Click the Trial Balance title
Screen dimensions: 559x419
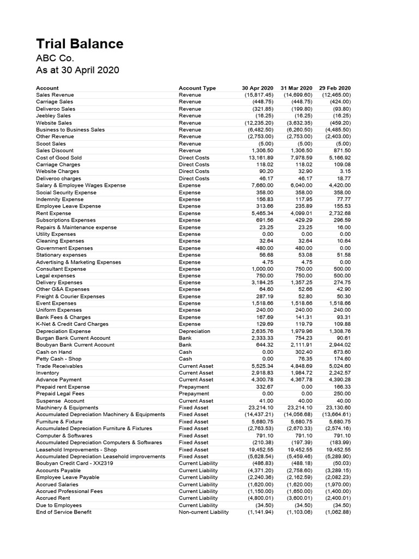point(80,44)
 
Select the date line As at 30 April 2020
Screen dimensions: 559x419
point(77,70)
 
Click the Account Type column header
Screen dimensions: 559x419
point(197,88)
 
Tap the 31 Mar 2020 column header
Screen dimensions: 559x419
point(296,88)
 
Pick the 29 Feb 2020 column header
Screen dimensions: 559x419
point(335,88)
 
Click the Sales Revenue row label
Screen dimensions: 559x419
point(55,95)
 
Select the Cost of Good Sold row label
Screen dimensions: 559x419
point(58,158)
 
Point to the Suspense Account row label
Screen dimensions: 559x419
point(60,401)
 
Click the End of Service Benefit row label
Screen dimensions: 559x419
point(63,512)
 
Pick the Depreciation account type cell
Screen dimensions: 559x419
point(194,331)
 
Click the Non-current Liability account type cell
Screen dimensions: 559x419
point(203,512)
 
